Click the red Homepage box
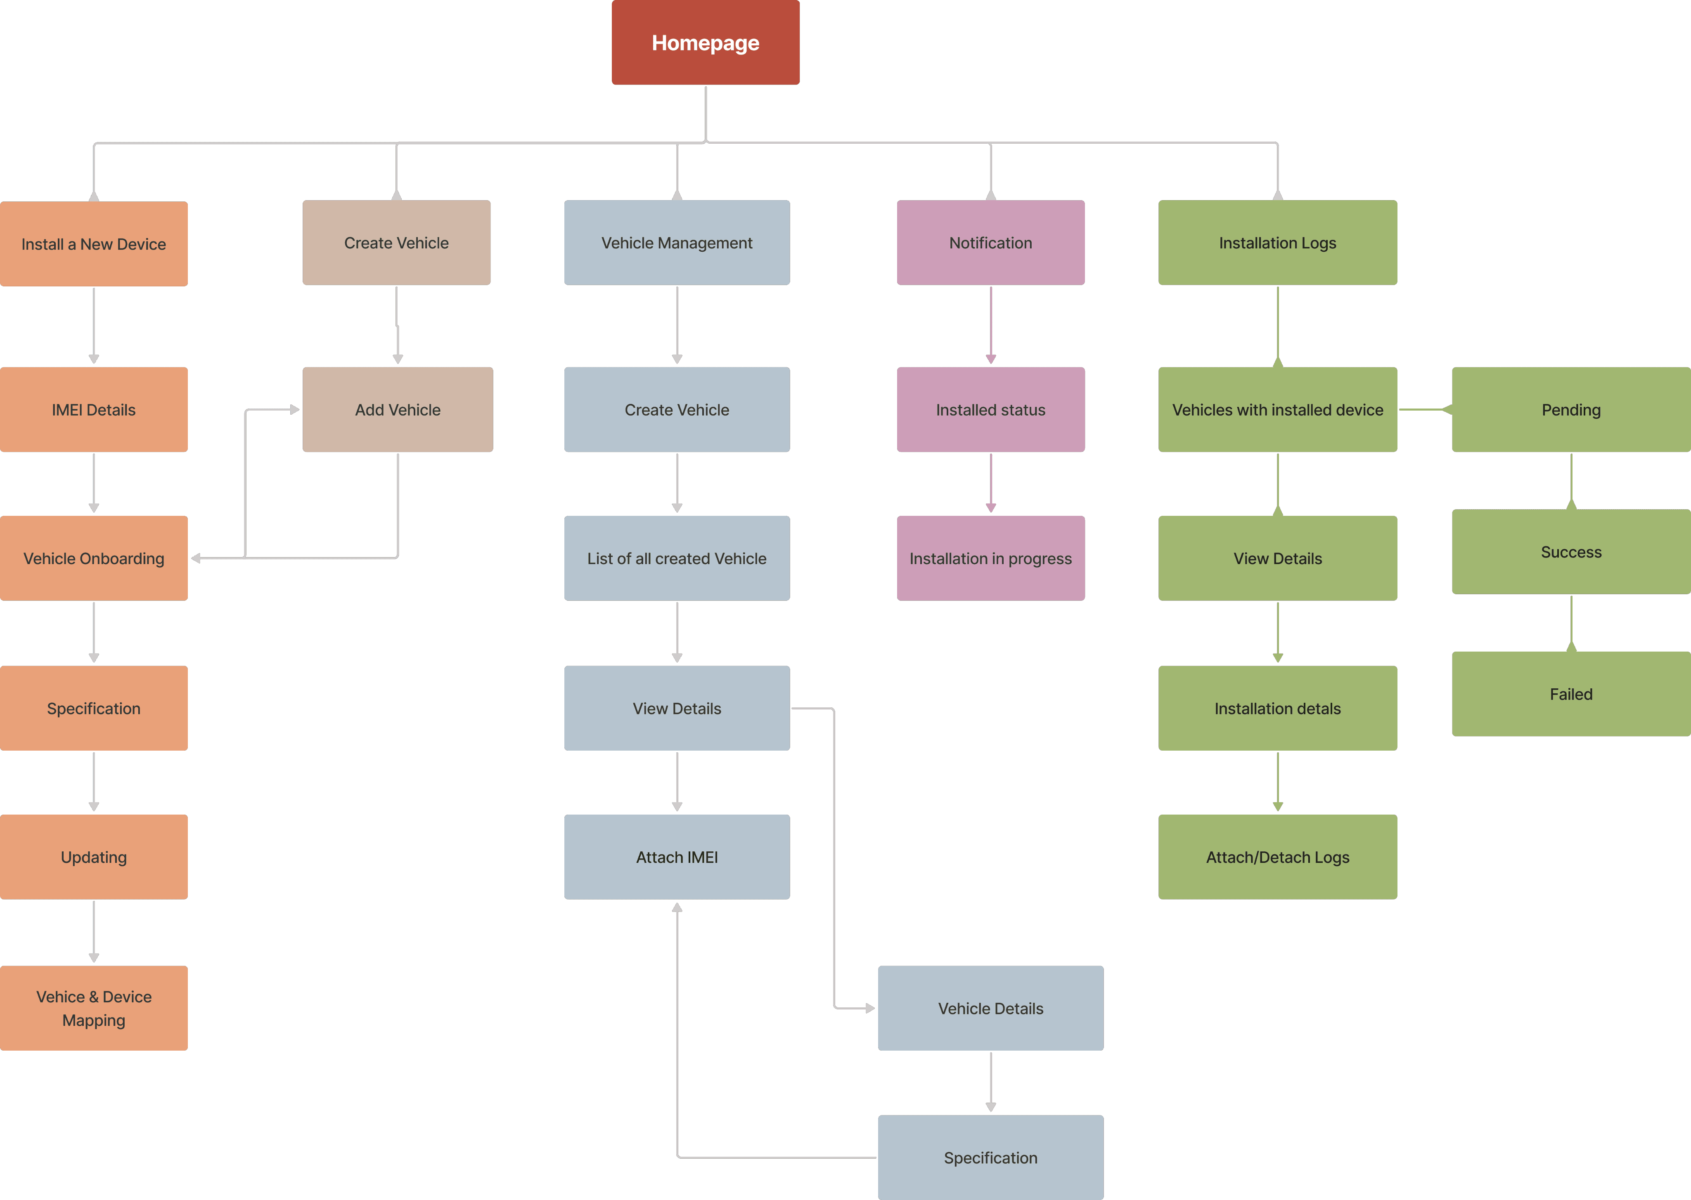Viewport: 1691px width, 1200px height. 705,42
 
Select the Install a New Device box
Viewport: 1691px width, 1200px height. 94,244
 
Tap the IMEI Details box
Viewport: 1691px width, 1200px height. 94,409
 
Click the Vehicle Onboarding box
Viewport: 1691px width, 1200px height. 94,558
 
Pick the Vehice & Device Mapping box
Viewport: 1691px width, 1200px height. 94,1008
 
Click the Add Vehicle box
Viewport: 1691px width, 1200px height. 398,409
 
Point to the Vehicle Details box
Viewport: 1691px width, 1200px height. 990,1008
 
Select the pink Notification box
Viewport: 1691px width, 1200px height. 990,242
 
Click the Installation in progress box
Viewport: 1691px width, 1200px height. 990,558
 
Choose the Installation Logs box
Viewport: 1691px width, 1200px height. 1277,242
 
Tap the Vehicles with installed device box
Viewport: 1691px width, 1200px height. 1277,409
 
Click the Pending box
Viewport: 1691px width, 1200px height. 1570,409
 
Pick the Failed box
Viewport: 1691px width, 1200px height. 1570,694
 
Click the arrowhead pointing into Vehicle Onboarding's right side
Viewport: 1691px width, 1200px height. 196,558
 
